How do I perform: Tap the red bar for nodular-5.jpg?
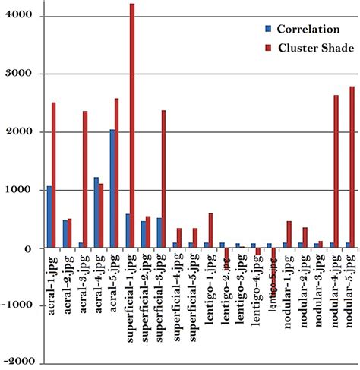[x=352, y=167]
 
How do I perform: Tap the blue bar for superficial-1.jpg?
[x=127, y=231]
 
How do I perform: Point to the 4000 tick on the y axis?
[x=23, y=16]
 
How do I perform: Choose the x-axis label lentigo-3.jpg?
[x=242, y=280]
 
